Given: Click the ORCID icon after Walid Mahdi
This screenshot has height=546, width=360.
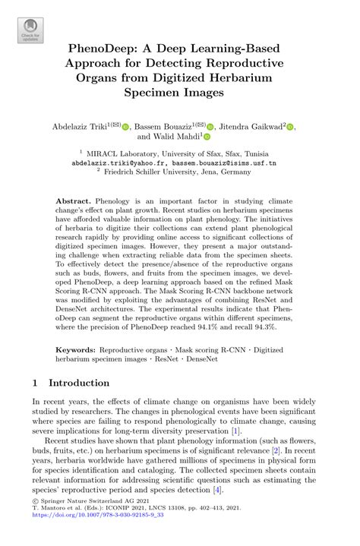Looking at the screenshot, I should (x=206, y=137).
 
